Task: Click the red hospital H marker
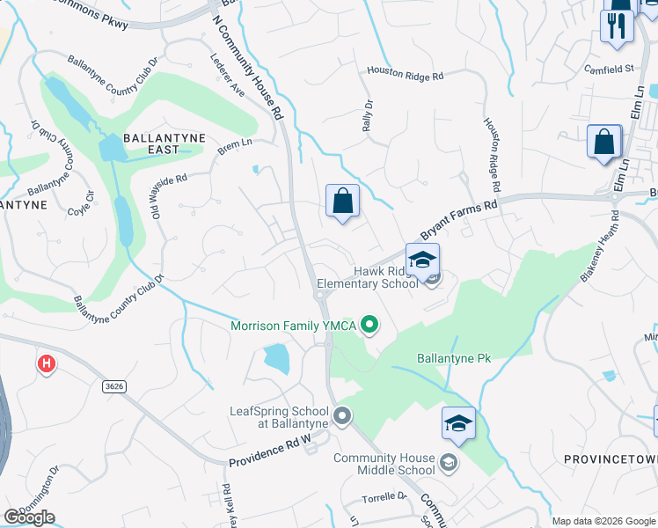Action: pyautogui.click(x=46, y=363)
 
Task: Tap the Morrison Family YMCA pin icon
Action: pyautogui.click(x=370, y=326)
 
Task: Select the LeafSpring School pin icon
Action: pyautogui.click(x=342, y=414)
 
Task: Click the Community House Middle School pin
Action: pyautogui.click(x=448, y=462)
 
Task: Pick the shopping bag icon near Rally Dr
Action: pyautogui.click(x=342, y=202)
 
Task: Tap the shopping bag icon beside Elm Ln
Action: pyautogui.click(x=604, y=143)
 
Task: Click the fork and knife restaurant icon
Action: pyautogui.click(x=617, y=26)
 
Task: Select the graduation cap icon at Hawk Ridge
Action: pyautogui.click(x=423, y=260)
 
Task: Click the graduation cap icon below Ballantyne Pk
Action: pyautogui.click(x=458, y=424)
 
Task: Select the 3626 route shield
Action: pyautogui.click(x=113, y=385)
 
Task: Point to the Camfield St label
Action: pyautogui.click(x=609, y=68)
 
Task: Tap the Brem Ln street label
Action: pyautogui.click(x=234, y=146)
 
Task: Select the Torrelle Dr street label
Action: pyautogui.click(x=384, y=497)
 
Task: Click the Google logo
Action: pyautogui.click(x=29, y=517)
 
